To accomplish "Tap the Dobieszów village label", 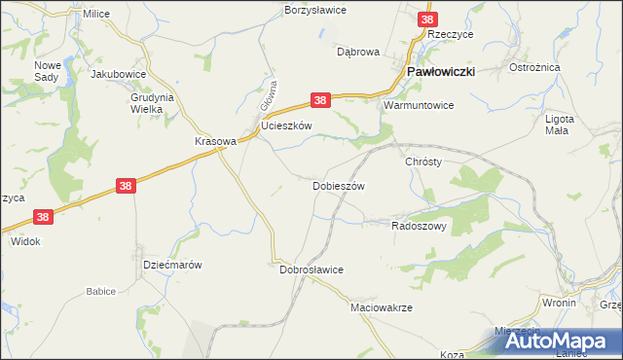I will tap(338, 185).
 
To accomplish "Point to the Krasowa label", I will tap(215, 140).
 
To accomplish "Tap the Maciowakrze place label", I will tap(382, 306).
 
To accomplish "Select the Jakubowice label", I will tap(118, 73).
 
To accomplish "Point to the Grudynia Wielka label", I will tap(152, 103).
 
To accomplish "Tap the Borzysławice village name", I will tap(314, 9).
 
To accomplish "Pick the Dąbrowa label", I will tap(357, 52).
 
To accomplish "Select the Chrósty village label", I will tap(423, 162).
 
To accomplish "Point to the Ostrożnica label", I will tap(531, 67).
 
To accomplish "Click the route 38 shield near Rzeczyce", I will tap(427, 18).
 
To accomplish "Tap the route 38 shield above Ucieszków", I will tap(322, 99).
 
